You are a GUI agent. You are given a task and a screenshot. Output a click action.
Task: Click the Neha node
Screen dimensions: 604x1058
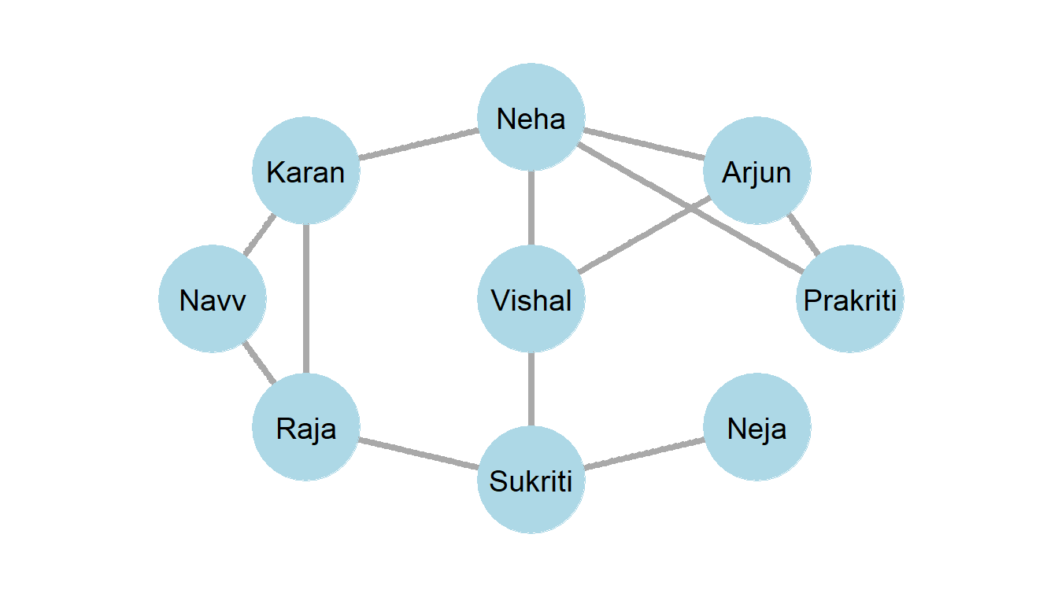click(531, 119)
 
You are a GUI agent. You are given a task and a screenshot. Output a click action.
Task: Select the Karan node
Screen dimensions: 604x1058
click(306, 171)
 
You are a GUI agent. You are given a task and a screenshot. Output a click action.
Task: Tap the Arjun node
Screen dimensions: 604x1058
click(757, 171)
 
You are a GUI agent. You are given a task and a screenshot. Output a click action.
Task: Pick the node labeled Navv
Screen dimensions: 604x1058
click(213, 300)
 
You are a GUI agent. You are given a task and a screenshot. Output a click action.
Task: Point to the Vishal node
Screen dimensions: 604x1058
click(531, 300)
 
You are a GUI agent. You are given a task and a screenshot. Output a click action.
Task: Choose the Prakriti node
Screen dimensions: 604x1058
click(850, 300)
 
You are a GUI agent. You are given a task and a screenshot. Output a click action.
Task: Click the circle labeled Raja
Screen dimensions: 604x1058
click(306, 428)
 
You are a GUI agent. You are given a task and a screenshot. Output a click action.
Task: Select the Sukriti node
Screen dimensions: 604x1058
click(531, 480)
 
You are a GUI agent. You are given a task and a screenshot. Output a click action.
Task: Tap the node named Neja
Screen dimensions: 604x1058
click(757, 428)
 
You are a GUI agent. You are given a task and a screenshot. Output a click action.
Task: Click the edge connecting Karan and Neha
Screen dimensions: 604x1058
click(419, 145)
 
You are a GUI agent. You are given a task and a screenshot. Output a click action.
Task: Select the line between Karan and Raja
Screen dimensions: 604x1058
click(306, 299)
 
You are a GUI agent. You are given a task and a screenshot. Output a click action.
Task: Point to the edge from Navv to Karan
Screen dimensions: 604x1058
click(260, 234)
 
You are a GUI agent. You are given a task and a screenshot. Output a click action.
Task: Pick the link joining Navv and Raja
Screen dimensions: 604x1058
click(260, 363)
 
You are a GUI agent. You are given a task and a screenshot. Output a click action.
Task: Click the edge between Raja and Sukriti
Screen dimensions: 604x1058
click(419, 454)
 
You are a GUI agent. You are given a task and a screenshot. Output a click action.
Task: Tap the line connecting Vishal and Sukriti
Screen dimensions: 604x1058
click(531, 389)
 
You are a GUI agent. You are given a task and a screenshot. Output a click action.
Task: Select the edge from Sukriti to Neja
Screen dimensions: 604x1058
click(644, 454)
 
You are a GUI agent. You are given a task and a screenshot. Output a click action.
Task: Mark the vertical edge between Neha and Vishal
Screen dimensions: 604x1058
click(531, 209)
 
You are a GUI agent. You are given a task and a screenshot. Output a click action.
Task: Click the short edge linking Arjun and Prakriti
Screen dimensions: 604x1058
click(804, 235)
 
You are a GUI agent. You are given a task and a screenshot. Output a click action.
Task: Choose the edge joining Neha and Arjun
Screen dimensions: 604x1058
click(644, 145)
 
